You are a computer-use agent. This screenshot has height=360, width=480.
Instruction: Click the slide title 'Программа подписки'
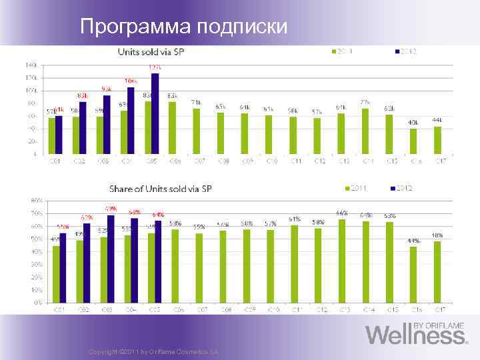(x=183, y=27)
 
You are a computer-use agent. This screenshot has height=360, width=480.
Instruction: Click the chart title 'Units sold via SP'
(x=149, y=51)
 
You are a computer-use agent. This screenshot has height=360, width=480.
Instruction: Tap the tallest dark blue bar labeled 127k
(x=155, y=113)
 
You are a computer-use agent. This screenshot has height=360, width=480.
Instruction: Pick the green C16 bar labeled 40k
(x=413, y=141)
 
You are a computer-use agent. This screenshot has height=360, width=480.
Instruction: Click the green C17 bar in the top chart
(x=437, y=139)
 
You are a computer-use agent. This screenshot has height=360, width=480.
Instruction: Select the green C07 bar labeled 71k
(x=196, y=131)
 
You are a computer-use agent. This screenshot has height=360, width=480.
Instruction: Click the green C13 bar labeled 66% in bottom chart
(x=341, y=260)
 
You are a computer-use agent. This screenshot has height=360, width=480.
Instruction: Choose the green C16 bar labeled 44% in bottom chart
(x=413, y=274)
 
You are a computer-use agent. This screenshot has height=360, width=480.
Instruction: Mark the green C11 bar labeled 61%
(x=293, y=263)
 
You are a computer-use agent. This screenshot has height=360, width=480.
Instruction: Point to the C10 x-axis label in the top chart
(x=269, y=161)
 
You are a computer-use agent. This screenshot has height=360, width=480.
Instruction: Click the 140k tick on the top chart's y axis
(x=31, y=65)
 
